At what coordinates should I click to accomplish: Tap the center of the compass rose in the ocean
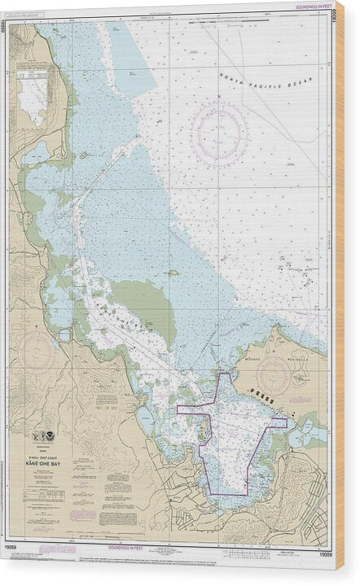[219, 133]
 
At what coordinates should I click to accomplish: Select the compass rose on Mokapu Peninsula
[273, 377]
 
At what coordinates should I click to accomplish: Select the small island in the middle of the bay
[172, 274]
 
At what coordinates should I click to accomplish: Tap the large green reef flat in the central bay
[144, 305]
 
